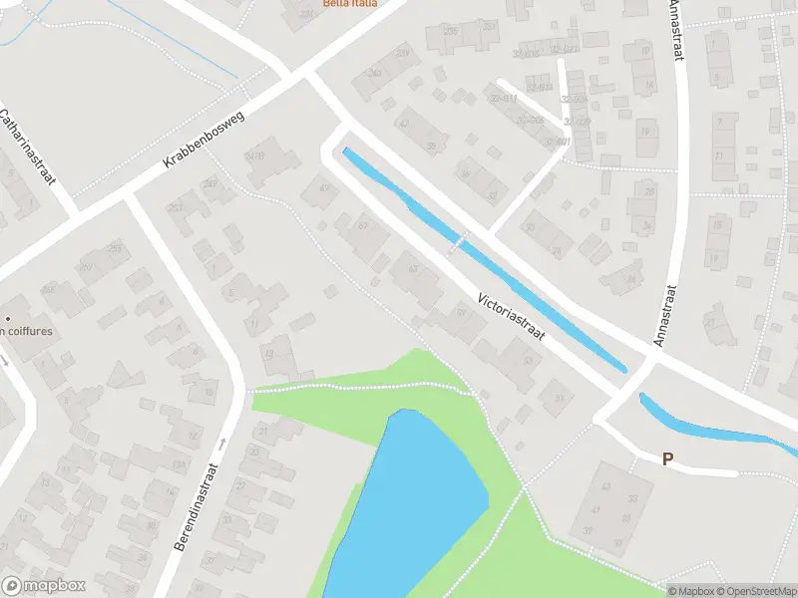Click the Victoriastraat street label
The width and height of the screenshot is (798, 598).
[x=511, y=316]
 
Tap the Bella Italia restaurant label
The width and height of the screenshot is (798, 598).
[x=350, y=4]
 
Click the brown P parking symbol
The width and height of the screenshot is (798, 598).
[x=668, y=458]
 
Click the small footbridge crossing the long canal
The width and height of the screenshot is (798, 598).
[x=458, y=240]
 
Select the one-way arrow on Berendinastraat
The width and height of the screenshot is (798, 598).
[x=222, y=445]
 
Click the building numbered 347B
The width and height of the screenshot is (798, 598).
[x=255, y=155]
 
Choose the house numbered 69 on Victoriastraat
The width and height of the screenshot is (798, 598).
[x=322, y=187]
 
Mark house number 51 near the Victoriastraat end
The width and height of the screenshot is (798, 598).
[x=560, y=398]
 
